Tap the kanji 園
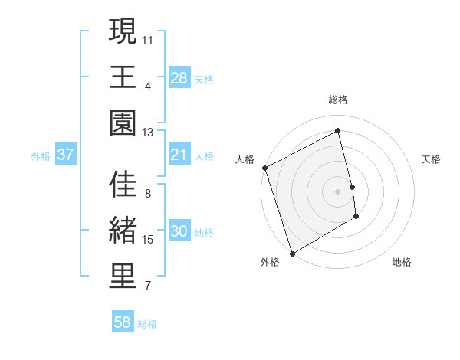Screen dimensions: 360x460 point(123,123)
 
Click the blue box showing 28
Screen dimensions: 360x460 point(179,77)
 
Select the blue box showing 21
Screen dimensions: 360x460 point(179,155)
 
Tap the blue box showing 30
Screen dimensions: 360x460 point(179,232)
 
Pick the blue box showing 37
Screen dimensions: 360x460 point(66,155)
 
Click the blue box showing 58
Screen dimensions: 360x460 point(123,322)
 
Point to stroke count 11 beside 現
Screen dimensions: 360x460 point(148,38)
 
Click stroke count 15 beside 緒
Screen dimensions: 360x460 point(148,240)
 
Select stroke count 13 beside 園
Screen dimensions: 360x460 point(148,132)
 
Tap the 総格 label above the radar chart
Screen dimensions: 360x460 point(338,100)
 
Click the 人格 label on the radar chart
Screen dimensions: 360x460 point(245,159)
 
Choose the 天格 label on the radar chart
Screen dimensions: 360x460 point(431,159)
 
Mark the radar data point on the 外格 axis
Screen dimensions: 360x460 point(292,253)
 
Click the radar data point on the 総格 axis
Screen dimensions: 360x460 point(338,130)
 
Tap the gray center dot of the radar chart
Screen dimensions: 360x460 point(338,191)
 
